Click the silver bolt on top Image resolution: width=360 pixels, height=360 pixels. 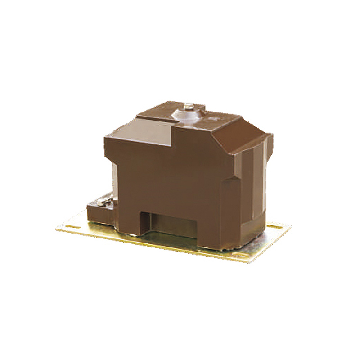point(189,107)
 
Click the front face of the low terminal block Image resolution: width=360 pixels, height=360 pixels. point(96,215)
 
